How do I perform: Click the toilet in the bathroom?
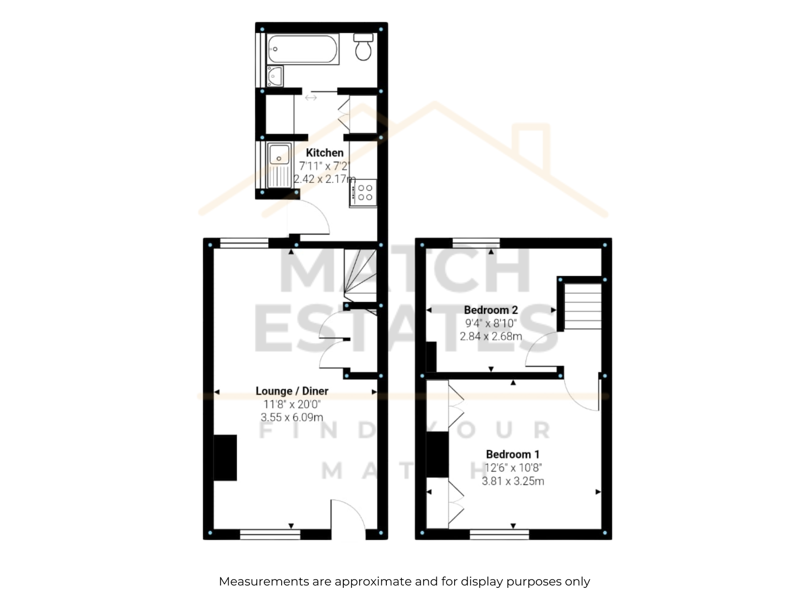coord(363,47)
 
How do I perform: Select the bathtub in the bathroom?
coord(302,49)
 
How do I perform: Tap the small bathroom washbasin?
coord(275,76)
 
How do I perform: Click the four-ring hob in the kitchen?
coord(364,192)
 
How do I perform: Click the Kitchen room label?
coord(324,153)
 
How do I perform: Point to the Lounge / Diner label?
coord(292,391)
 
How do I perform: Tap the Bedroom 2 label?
coord(490,310)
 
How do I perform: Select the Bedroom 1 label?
coord(512,454)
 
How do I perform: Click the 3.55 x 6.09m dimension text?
coord(292,417)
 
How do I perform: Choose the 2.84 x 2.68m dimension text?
coord(490,336)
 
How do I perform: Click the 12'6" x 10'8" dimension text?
coord(513,468)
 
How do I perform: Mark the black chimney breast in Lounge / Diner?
coord(225,458)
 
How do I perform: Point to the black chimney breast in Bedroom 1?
coord(437,455)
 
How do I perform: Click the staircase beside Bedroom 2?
coord(582,306)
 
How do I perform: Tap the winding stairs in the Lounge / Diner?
coord(360,276)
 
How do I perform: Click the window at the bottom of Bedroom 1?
coord(500,535)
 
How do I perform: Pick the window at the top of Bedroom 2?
coord(476,243)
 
